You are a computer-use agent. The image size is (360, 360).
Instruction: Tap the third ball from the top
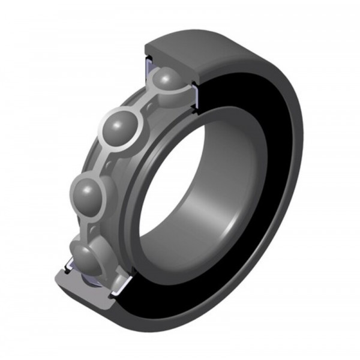(x=91, y=193)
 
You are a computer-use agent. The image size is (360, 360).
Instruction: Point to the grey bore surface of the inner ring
(x=228, y=198)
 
